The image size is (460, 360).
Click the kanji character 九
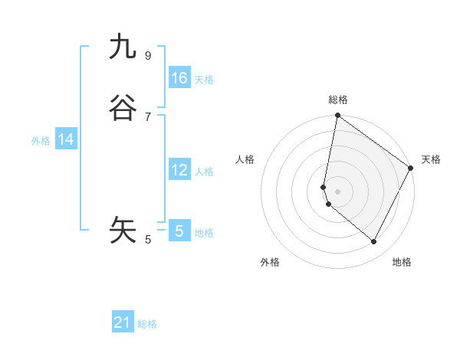tap(123, 47)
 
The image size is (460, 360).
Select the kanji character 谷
tap(123, 109)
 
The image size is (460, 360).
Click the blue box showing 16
tap(179, 78)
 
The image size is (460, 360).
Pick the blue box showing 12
tap(179, 170)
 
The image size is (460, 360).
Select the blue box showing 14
tap(66, 139)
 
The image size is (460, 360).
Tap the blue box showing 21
tap(123, 322)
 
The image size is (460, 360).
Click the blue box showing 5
tap(179, 231)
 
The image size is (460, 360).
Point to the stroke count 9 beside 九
tap(148, 55)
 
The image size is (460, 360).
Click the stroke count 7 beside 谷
tap(148, 116)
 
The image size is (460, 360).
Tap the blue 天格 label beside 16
tap(204, 80)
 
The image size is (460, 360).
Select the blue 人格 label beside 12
tap(204, 172)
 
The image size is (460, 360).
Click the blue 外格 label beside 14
tap(41, 141)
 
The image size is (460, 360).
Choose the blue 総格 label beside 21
tap(147, 324)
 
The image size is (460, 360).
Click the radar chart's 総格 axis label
tap(338, 100)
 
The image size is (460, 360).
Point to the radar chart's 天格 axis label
tap(431, 159)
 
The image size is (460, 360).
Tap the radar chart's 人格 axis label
tap(245, 159)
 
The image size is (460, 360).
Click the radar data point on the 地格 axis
tap(374, 242)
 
